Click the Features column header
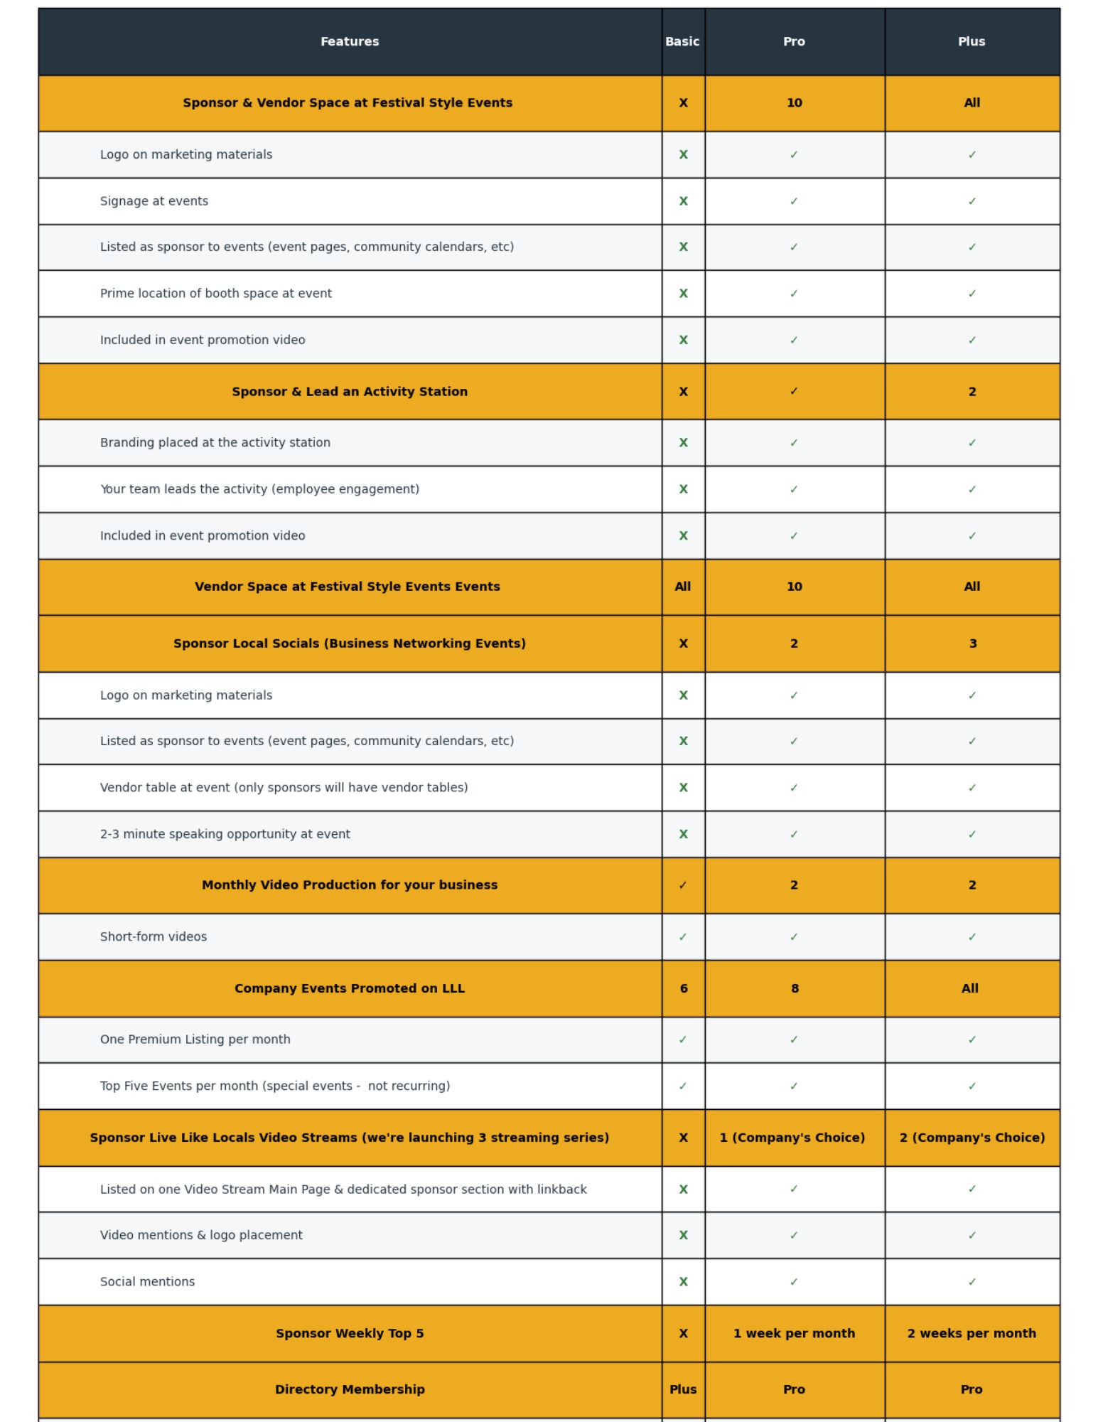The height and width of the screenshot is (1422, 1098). coord(350,42)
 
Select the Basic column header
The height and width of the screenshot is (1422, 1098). coord(682,42)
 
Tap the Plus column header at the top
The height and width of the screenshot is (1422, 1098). coord(971,42)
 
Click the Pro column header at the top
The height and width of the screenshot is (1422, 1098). coord(794,42)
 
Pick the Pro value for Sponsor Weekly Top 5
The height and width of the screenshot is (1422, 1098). coord(794,1333)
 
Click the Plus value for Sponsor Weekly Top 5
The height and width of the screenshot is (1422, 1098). coord(971,1333)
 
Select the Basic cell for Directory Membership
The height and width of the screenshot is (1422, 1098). coord(682,1389)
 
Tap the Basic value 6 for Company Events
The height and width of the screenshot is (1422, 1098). coord(683,988)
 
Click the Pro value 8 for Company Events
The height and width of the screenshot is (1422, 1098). coord(794,988)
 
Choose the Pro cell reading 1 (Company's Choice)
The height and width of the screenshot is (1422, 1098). coord(792,1138)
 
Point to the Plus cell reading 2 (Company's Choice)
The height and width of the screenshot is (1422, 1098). coord(971,1138)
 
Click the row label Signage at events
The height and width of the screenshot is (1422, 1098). coord(154,201)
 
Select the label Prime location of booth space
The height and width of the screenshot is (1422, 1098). coord(216,294)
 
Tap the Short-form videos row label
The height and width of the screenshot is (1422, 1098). coord(154,936)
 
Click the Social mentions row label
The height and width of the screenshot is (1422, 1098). coord(147,1281)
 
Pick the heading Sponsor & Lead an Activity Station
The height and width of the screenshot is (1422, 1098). coord(350,392)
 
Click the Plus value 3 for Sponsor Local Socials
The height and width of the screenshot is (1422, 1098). coord(972,643)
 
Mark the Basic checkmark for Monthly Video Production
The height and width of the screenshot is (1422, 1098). coord(682,885)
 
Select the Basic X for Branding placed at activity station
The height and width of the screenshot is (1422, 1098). coord(683,443)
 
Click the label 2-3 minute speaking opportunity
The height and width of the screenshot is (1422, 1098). coord(225,834)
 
